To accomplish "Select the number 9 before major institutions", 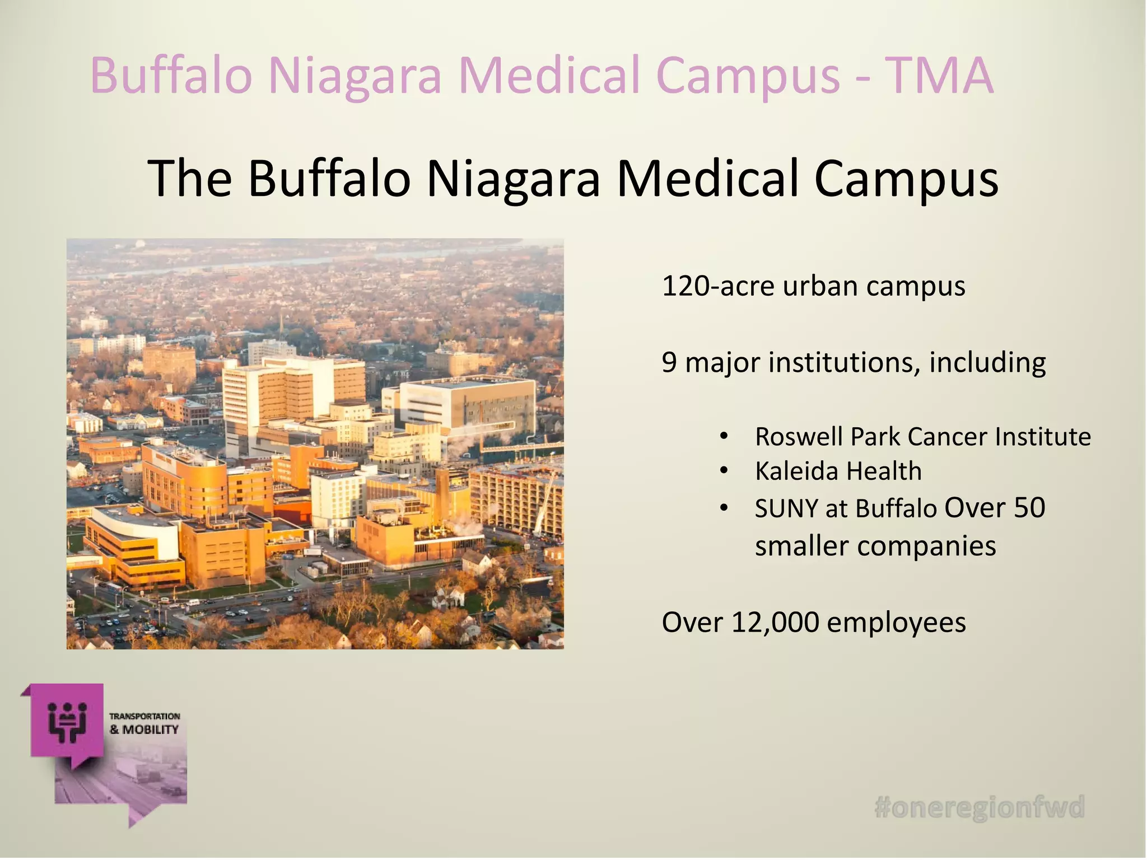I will pos(669,363).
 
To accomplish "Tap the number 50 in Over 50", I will pos(1029,507).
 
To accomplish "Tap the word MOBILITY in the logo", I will pos(151,730).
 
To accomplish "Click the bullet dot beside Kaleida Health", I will pos(724,471).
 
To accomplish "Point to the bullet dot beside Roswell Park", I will pos(724,437).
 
